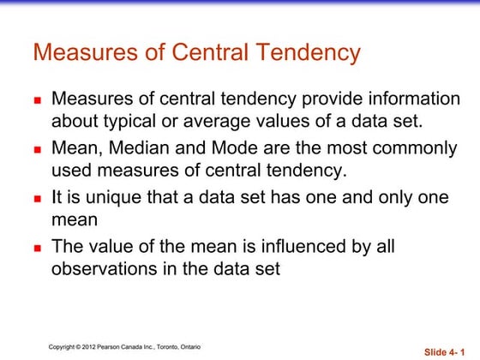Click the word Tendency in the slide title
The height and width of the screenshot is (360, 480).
(299, 52)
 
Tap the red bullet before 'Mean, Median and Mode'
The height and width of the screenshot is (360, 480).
(38, 149)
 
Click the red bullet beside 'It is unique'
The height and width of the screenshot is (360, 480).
(38, 199)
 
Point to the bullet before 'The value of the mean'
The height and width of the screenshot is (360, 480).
(38, 248)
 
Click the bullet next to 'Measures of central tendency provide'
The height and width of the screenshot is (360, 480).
(38, 99)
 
